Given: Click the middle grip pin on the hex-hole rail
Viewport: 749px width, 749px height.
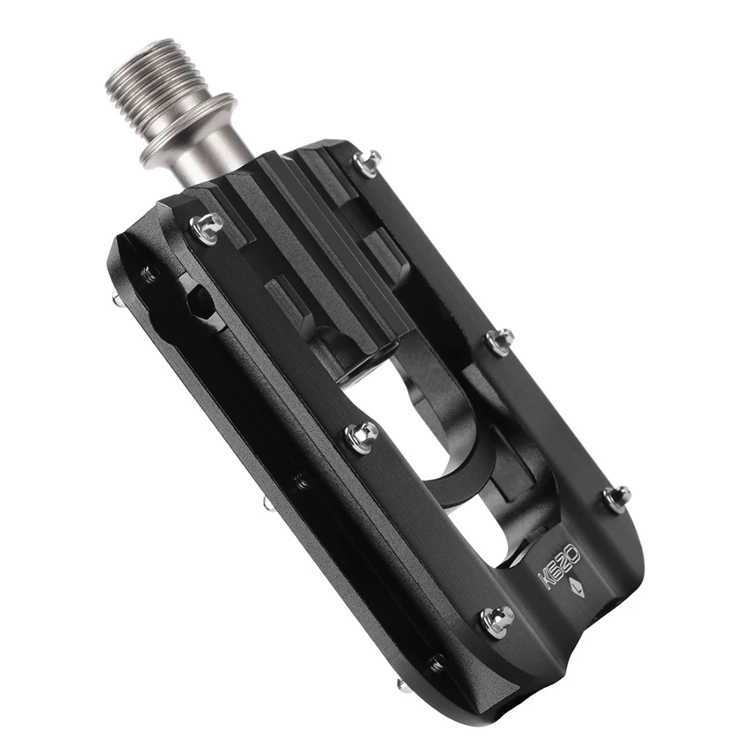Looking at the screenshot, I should [x=362, y=435].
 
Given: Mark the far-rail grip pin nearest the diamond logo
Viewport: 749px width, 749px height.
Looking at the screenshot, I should [x=617, y=498].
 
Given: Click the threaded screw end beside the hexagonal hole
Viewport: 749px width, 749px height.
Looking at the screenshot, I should [x=149, y=275].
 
